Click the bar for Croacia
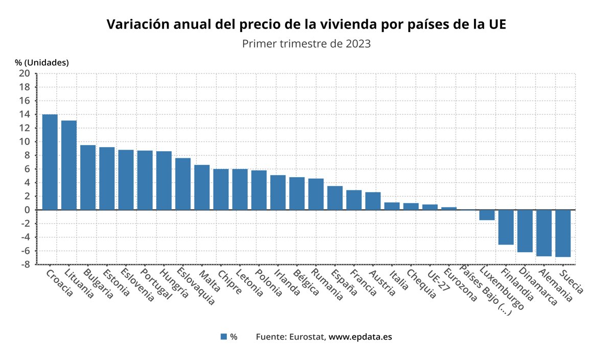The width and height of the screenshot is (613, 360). click(50, 162)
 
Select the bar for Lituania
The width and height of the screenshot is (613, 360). click(69, 165)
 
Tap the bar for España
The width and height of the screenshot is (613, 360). click(335, 198)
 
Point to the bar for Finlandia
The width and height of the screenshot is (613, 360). click(506, 227)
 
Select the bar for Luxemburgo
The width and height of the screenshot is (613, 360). click(487, 214)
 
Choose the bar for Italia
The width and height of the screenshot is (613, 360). click(392, 206)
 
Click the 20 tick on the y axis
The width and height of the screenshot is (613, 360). click(24, 74)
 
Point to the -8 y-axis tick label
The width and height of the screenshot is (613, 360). click(24, 265)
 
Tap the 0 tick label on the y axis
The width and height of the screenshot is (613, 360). click(27, 210)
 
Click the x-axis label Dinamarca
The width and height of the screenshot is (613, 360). click(537, 286)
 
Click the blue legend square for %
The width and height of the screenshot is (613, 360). click(223, 337)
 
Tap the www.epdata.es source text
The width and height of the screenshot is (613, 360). click(360, 337)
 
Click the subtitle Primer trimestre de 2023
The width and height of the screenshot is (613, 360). click(306, 43)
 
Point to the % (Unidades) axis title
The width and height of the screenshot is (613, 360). click(41, 62)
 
